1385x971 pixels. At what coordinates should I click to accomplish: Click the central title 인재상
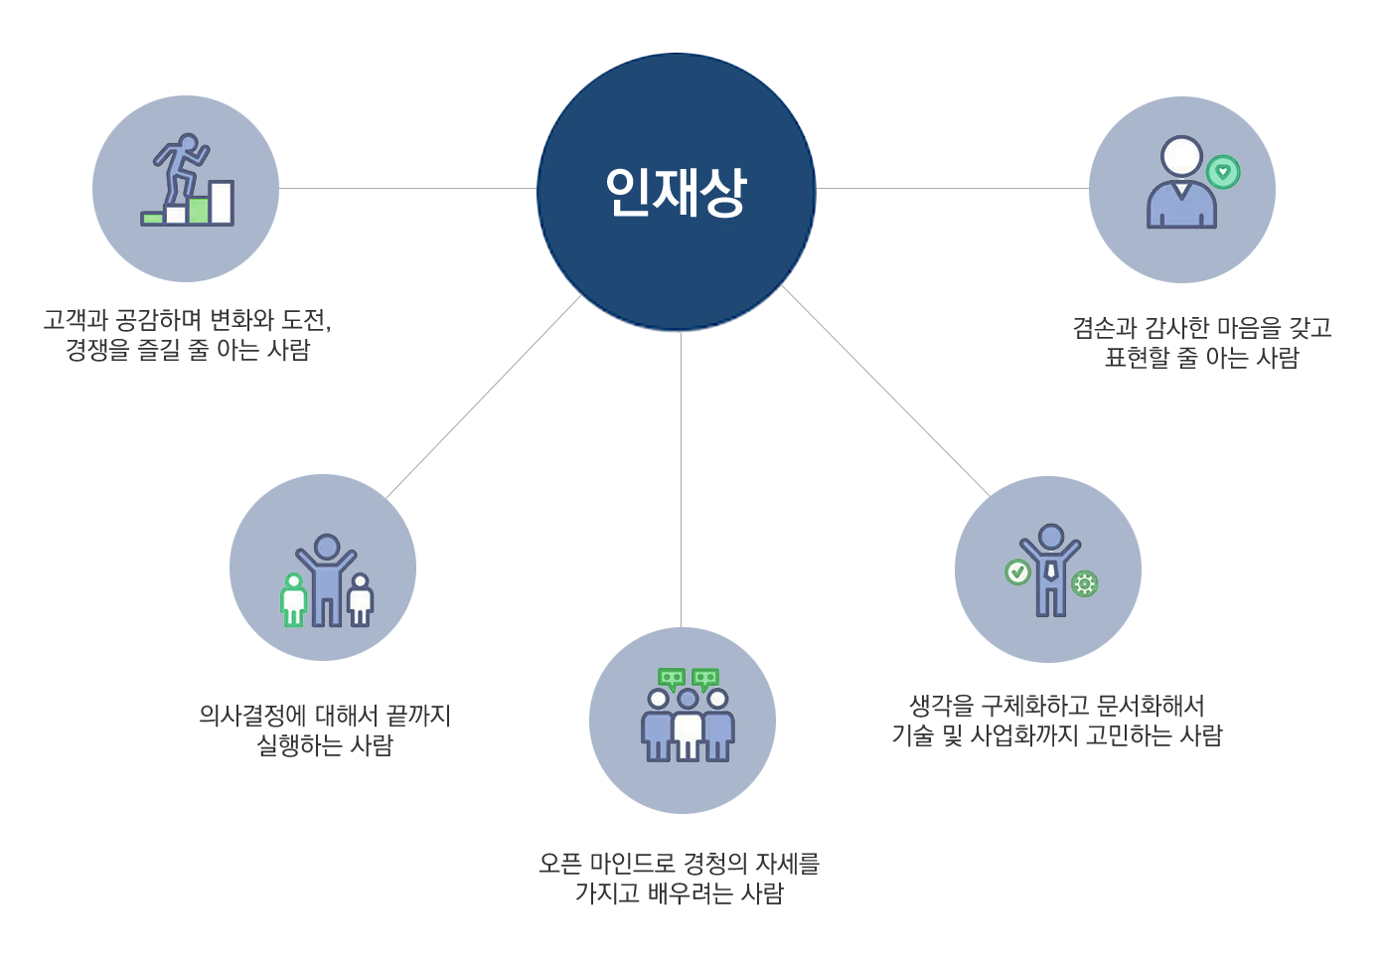[x=676, y=192]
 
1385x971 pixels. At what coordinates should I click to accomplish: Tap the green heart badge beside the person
[x=1223, y=172]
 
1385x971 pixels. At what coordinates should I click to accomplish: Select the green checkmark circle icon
[x=1017, y=571]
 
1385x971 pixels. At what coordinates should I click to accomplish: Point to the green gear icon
[x=1085, y=583]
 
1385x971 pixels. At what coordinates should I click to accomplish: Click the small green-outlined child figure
[x=293, y=601]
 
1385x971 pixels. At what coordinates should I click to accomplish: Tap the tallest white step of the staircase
[x=222, y=203]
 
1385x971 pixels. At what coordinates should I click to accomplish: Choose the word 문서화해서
[x=1152, y=706]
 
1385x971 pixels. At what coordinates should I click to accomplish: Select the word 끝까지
[x=418, y=716]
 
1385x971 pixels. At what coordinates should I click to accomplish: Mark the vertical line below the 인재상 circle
[x=681, y=477]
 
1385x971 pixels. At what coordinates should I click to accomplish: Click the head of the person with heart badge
[x=1181, y=157]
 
